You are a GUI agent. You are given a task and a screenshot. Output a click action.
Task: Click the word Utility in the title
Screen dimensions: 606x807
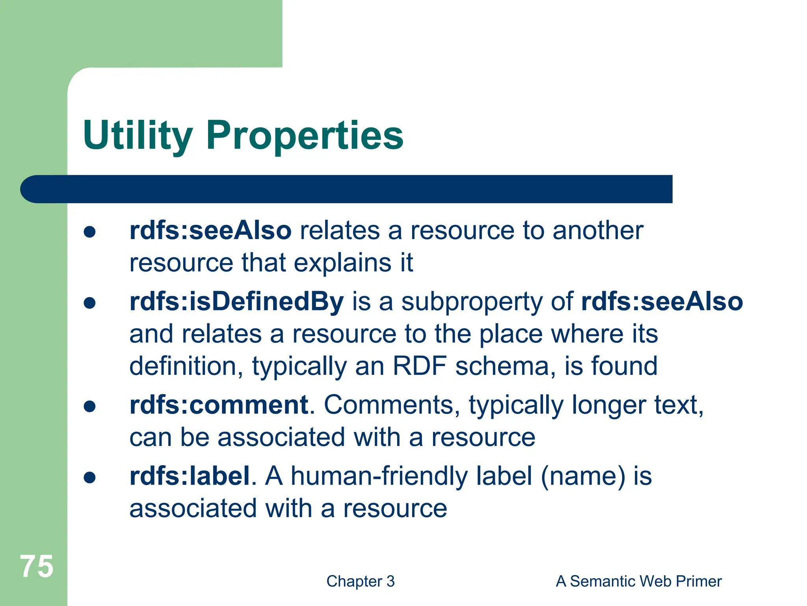click(138, 135)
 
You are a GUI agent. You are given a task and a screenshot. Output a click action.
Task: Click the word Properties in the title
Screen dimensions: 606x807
click(305, 135)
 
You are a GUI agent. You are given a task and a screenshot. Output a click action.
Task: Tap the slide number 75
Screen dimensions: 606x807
click(37, 566)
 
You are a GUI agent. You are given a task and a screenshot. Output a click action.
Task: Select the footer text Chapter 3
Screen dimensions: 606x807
click(360, 581)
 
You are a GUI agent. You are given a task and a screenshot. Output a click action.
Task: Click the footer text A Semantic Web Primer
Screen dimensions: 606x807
click(638, 581)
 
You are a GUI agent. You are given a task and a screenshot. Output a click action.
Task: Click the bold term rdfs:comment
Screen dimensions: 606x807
click(219, 405)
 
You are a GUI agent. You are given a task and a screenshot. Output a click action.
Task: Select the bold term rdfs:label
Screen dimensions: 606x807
click(190, 476)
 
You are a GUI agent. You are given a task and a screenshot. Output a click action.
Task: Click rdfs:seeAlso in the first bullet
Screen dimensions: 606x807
click(210, 230)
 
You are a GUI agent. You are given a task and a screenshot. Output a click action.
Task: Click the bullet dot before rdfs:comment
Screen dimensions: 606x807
click(90, 406)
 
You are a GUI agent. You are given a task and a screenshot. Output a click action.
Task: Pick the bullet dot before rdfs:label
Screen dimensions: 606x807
click(90, 477)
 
